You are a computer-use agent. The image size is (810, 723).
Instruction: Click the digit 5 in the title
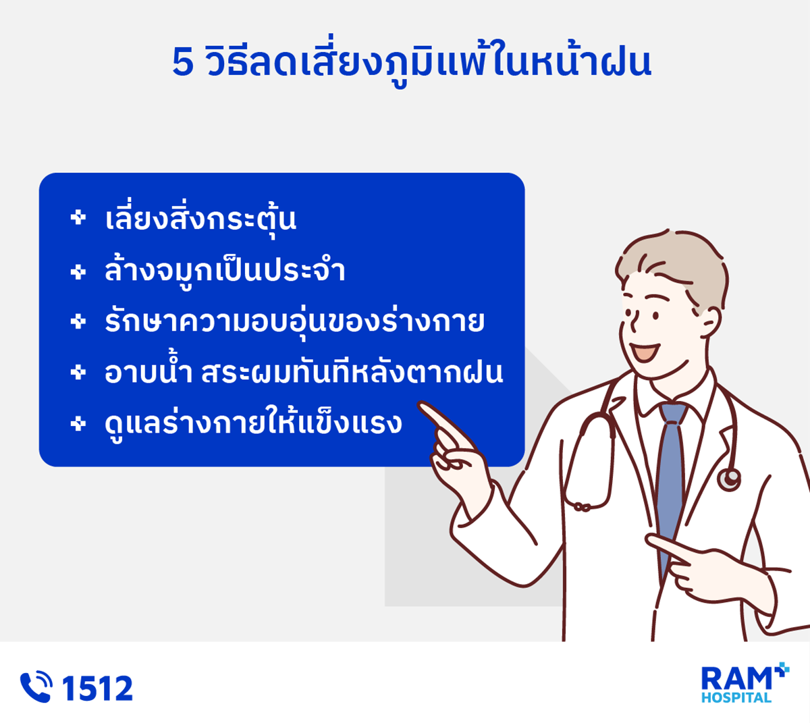click(183, 62)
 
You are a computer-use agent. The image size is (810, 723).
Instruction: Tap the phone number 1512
click(97, 688)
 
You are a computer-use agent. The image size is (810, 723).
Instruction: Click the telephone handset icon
click(36, 687)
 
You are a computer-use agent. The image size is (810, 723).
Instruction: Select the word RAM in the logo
click(736, 679)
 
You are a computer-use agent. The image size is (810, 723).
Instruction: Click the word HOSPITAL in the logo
click(736, 698)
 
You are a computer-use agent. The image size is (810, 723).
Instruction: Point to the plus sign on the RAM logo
click(782, 670)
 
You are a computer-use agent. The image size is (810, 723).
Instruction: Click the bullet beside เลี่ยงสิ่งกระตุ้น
click(78, 218)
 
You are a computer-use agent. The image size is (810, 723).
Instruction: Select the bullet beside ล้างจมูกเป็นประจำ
click(78, 272)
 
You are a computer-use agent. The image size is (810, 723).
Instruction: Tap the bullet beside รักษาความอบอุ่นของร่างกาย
click(78, 322)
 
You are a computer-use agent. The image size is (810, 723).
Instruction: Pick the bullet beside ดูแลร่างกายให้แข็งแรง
click(78, 424)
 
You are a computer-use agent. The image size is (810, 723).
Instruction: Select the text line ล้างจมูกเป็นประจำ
click(225, 270)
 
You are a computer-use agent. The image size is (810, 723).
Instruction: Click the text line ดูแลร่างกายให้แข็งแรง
click(253, 423)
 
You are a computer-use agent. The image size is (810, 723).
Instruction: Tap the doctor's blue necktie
click(671, 480)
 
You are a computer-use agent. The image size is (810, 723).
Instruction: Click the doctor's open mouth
click(645, 352)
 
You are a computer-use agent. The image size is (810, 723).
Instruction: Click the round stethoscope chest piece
click(729, 479)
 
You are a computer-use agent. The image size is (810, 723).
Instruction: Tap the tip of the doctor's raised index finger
click(421, 406)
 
